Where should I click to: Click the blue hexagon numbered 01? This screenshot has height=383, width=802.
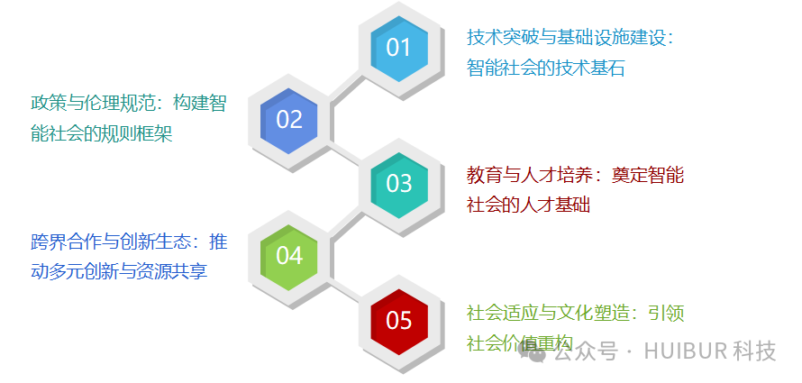pyautogui.click(x=398, y=47)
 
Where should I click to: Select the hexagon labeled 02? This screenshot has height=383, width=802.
pyautogui.click(x=289, y=120)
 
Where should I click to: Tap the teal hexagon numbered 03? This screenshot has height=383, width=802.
pyautogui.click(x=398, y=183)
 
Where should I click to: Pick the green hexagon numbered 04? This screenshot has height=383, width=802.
pyautogui.click(x=289, y=256)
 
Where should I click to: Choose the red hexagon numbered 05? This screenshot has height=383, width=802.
pyautogui.click(x=398, y=320)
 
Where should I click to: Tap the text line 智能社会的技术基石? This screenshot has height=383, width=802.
pyautogui.click(x=545, y=68)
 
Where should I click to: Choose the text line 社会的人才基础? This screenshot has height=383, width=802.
pyautogui.click(x=528, y=205)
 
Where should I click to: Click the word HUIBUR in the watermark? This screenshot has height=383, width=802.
pyautogui.click(x=685, y=351)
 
